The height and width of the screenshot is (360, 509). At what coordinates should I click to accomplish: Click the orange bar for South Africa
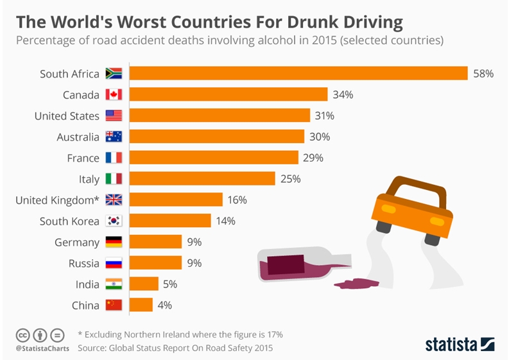point(298,74)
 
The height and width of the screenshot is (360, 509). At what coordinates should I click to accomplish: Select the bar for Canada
point(229,95)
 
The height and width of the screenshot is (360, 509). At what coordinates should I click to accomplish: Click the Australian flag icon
point(114,137)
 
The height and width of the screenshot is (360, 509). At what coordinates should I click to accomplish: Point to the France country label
point(83,158)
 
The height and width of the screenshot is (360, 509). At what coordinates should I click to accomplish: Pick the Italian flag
point(114,179)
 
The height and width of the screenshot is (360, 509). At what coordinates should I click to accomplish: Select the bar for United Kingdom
point(176,200)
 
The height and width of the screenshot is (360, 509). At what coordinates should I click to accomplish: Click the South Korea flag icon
point(114,221)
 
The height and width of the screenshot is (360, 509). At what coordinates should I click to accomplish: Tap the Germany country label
point(76,242)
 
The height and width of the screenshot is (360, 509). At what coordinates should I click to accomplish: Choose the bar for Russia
point(156,263)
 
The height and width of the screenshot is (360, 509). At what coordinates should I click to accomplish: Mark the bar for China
point(141,305)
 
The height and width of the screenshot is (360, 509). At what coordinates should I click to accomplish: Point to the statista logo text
point(450,345)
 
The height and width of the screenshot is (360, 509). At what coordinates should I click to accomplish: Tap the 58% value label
point(483,74)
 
